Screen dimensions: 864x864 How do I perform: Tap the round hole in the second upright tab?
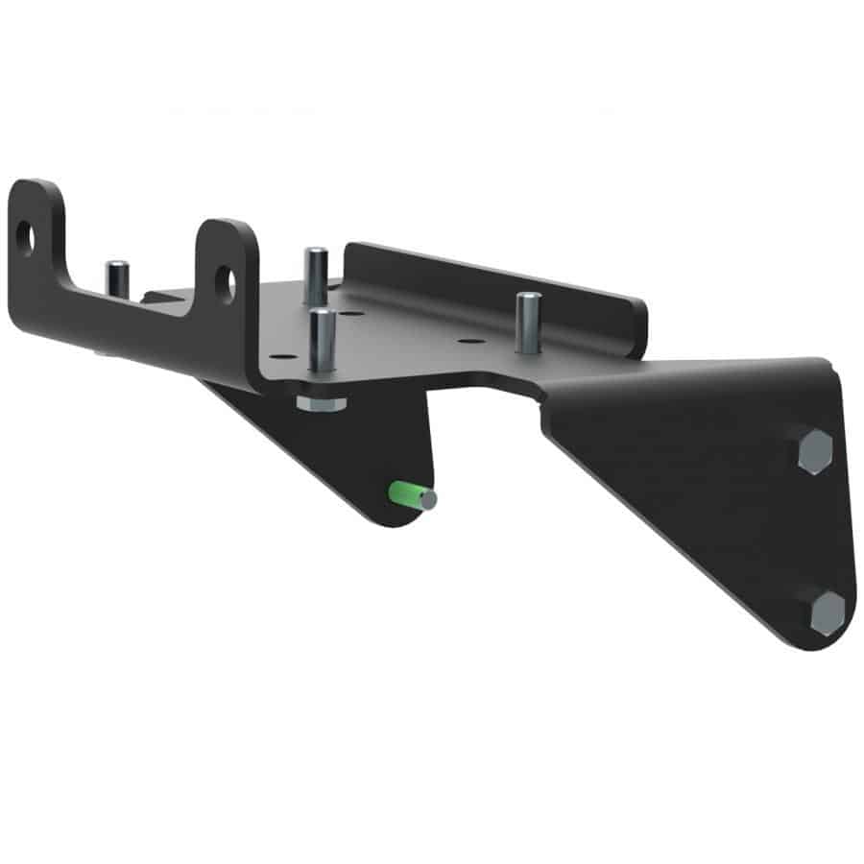pos(226,279)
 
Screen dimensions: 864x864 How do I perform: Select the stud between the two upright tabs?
pos(117,278)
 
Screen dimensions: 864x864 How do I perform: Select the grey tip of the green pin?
pos(427,499)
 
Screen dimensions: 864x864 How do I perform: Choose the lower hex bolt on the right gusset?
pos(828,612)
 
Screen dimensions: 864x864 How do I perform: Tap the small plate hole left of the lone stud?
pos(468,340)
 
